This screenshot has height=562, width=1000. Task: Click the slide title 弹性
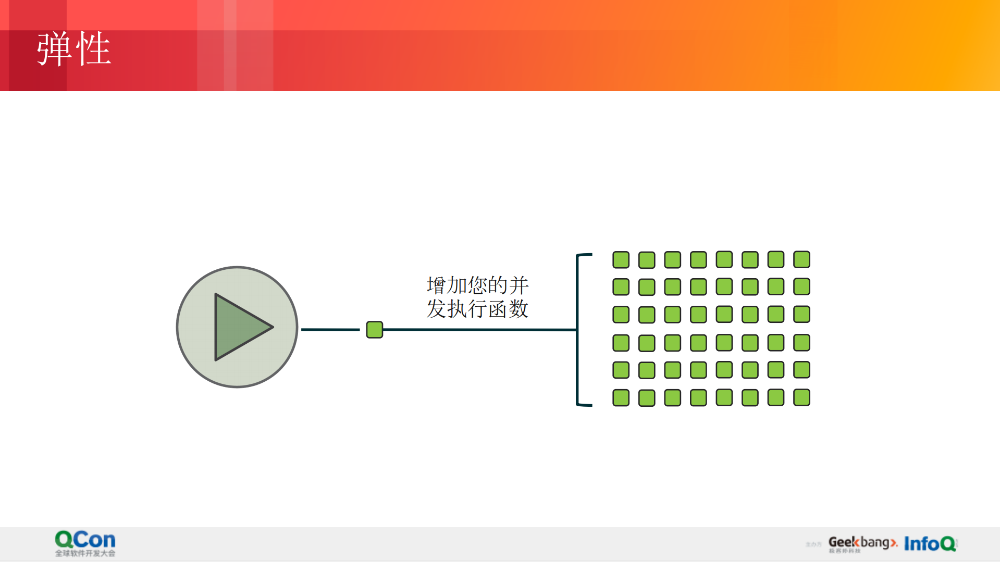[x=73, y=48]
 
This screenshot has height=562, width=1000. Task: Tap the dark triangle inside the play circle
[x=240, y=327]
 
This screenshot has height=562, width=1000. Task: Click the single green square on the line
[x=374, y=330]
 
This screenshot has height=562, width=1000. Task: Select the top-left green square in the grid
[x=621, y=259]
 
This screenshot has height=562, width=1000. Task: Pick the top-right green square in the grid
[x=801, y=259]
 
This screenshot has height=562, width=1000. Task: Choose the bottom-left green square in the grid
[x=621, y=398]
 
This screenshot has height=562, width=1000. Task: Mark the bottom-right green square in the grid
[x=801, y=397]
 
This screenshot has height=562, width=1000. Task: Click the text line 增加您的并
[x=477, y=285]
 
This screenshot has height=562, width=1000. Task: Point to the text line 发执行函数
[x=477, y=309]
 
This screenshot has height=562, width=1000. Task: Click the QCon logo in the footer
[x=85, y=540]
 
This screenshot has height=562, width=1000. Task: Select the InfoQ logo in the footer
[x=930, y=543]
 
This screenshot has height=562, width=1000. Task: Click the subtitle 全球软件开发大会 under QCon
[x=85, y=553]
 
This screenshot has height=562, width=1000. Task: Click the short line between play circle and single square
[x=330, y=330]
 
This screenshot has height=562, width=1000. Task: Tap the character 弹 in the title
[x=54, y=48]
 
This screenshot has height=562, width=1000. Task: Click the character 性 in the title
[x=94, y=48]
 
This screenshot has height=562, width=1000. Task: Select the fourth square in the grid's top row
[x=698, y=259]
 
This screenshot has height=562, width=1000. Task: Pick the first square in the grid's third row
[x=621, y=315]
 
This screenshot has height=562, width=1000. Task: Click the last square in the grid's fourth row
[x=801, y=343]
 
